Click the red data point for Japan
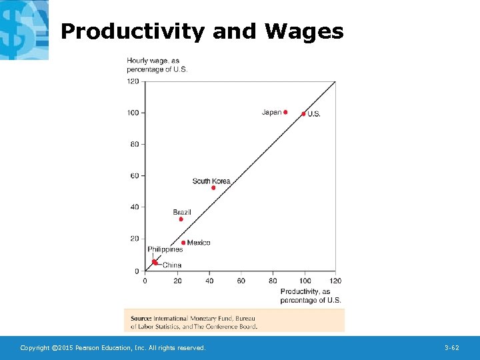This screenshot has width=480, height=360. point(285,112)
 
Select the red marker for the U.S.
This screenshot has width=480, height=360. point(303,114)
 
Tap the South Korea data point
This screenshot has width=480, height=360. point(213,188)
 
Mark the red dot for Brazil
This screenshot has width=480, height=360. point(181,219)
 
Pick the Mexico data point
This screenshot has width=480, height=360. point(183,243)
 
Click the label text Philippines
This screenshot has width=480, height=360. point(165,250)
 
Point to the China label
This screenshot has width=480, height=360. point(171,265)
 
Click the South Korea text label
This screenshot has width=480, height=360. point(211,181)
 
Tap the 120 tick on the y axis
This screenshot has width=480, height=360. point(133,81)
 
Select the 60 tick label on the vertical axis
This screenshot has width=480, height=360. point(135,176)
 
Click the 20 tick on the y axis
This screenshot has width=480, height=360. point(135,239)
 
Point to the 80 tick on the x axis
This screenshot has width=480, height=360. point(273,281)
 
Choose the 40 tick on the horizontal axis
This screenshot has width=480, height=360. point(209,281)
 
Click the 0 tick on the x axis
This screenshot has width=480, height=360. point(145,281)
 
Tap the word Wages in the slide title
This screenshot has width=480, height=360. point(304,31)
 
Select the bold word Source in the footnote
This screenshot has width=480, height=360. point(141,319)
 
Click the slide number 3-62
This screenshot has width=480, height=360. point(451,348)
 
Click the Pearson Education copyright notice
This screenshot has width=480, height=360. point(113,348)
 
